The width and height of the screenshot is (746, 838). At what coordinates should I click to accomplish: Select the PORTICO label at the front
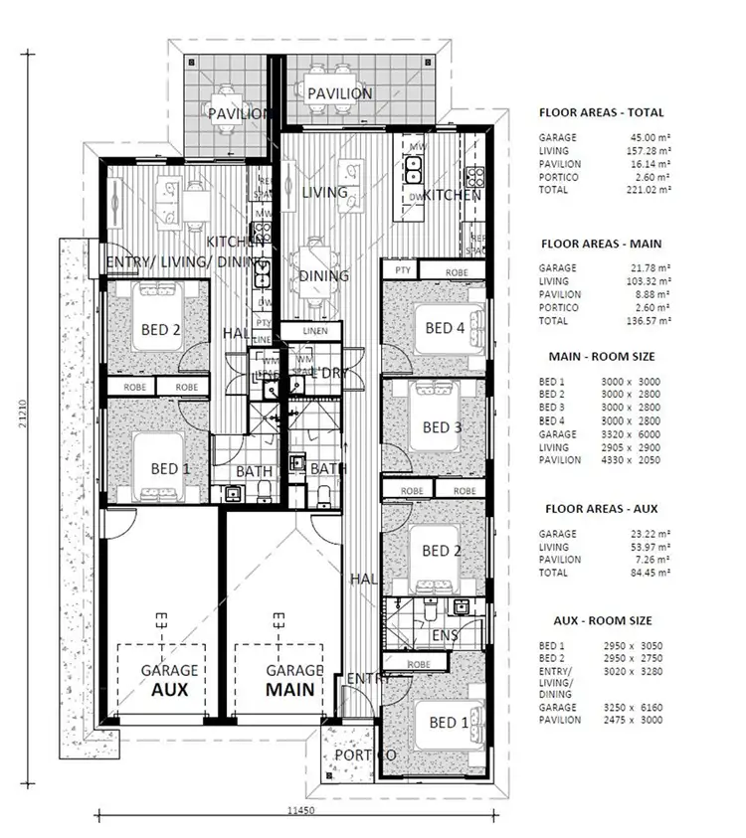click(364, 755)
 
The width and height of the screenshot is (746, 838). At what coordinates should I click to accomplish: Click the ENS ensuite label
click(445, 634)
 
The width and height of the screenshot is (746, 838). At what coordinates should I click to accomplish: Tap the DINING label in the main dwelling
click(324, 275)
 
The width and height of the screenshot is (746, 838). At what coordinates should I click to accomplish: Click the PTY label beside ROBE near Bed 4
click(403, 270)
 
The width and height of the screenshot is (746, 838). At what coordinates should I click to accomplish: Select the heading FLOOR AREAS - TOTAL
click(601, 113)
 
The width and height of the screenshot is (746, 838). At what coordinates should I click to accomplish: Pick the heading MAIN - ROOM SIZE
click(601, 355)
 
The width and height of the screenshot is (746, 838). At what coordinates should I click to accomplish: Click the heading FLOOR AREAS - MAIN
click(601, 244)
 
